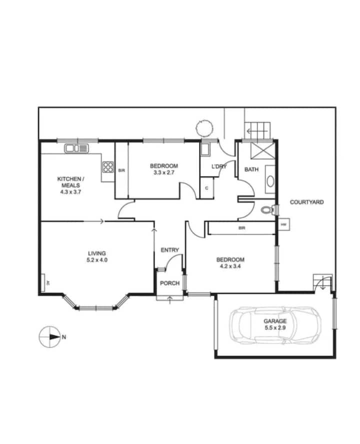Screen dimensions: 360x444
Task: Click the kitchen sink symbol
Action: coord(76,148)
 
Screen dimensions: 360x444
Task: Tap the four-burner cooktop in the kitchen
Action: coord(108,166)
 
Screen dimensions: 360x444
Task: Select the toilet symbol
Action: coord(267,210)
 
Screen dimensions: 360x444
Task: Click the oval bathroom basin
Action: coord(270,181)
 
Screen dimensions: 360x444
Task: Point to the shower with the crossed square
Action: coord(262,151)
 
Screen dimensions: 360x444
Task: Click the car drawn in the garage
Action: coord(275,325)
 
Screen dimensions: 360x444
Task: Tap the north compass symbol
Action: coord(50,337)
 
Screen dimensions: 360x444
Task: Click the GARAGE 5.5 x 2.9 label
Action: coord(275,324)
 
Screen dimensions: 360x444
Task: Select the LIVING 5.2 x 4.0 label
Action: coord(97,256)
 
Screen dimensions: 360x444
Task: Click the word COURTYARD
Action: coord(307,202)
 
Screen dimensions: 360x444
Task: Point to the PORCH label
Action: coord(169,283)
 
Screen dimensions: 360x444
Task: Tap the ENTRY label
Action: coord(169,250)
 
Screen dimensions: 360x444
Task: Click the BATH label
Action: coord(251,169)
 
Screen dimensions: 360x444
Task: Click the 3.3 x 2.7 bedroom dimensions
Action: coord(164,172)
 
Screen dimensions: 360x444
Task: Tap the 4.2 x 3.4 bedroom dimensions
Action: coord(230,266)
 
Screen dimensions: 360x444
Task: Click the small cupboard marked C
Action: coord(206,188)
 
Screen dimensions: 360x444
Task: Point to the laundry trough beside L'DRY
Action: coord(205,149)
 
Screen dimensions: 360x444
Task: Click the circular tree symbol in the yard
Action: coord(204,128)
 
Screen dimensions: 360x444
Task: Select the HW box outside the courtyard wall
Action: coord(283,224)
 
